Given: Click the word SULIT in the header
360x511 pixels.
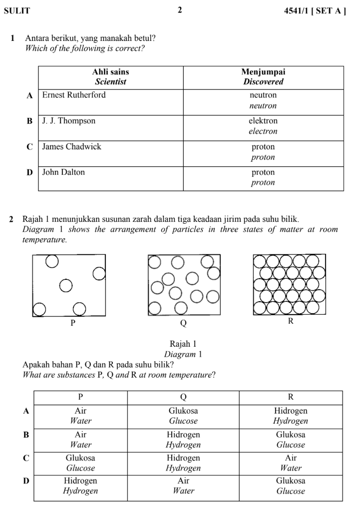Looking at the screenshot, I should pos(17,10).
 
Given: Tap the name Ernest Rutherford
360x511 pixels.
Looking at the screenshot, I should pos(74,95).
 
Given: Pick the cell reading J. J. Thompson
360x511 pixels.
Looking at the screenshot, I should pos(69,121).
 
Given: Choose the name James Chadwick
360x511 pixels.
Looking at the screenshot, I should pos(71,146).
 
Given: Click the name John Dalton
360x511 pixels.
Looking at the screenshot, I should pos(63,172).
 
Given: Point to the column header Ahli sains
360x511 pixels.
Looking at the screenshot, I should pos(111,72).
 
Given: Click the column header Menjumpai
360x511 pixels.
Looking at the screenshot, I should pos(263,72).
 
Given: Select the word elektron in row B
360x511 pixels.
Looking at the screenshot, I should pos(263,121).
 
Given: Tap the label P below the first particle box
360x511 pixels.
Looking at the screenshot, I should pos(73,323).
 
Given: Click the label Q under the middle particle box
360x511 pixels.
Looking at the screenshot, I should pos(183,323).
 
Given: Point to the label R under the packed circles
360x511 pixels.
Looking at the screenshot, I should pos(291,321).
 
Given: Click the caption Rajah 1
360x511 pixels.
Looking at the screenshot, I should pos(183,344).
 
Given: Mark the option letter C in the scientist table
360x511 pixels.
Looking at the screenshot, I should pos(29,147).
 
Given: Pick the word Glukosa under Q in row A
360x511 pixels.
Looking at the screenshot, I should pos(183,411).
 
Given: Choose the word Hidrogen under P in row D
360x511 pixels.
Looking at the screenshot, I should pos(80,481).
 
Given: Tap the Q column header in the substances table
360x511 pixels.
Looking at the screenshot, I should pos(183,397).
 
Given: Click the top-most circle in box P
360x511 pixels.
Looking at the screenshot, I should pos(52,261).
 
